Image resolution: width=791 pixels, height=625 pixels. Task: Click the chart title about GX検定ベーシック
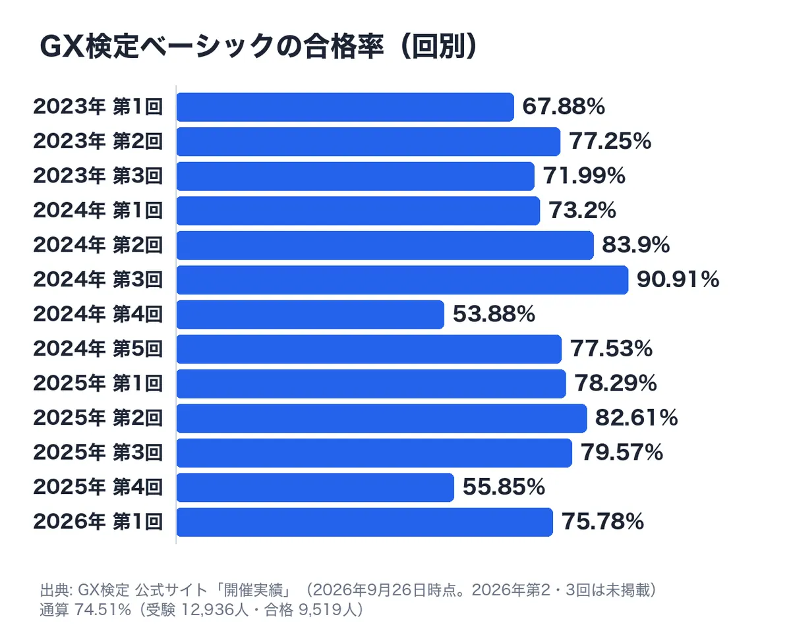[x=258, y=46]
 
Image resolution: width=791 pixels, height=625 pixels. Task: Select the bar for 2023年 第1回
[x=345, y=107]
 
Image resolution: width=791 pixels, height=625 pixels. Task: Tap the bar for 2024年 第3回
[x=403, y=280]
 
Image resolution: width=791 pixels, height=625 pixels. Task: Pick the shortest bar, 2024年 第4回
[x=310, y=314]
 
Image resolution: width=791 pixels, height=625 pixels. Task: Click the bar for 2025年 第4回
[x=315, y=487]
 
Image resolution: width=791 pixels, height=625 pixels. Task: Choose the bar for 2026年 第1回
[x=365, y=522]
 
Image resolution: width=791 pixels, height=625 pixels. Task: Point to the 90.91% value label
[x=678, y=280]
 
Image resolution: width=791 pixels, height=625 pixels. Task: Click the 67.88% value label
[x=564, y=107]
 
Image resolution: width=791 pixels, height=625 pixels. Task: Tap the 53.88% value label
[x=494, y=314]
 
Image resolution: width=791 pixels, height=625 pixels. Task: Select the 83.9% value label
[x=636, y=245]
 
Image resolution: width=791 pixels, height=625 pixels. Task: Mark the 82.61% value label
[x=637, y=418]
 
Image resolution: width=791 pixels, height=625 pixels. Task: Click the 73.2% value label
[x=582, y=210]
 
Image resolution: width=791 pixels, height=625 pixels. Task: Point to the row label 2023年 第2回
[x=98, y=142]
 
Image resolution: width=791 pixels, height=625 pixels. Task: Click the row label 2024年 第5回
[x=98, y=349]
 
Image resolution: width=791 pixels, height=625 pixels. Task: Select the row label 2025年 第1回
[x=98, y=383]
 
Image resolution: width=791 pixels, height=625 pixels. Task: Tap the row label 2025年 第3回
[x=98, y=452]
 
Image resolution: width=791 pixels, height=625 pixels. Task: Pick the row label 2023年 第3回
[x=98, y=176]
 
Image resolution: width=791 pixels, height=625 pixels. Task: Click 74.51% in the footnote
[x=103, y=610]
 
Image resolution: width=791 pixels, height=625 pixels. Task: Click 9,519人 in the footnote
[x=326, y=610]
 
